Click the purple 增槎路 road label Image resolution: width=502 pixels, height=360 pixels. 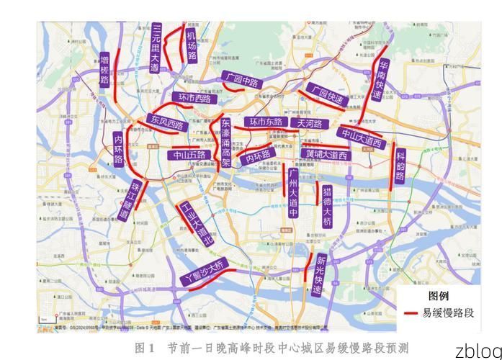(x=104, y=69)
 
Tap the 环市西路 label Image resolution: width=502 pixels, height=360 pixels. (x=195, y=98)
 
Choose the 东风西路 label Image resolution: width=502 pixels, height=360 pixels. (x=165, y=123)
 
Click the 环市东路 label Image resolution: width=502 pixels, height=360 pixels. (x=265, y=122)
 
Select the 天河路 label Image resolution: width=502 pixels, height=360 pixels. (x=310, y=123)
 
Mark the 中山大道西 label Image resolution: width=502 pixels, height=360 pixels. (x=362, y=138)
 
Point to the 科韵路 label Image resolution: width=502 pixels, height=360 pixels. (x=400, y=166)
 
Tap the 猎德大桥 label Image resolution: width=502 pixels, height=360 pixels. (x=327, y=204)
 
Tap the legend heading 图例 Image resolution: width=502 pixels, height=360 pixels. (x=439, y=296)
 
